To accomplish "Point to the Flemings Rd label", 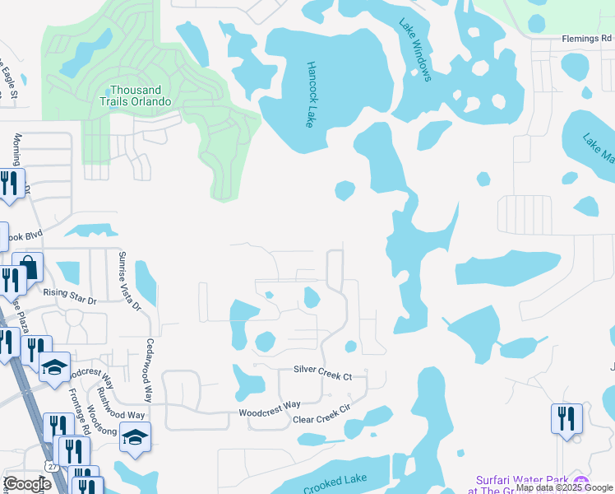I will point(587,39).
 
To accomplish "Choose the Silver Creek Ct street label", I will point(323,376).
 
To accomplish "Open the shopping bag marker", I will point(29,268).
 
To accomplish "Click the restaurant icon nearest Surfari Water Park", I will point(566,417).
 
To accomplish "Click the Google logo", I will point(27,484).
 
